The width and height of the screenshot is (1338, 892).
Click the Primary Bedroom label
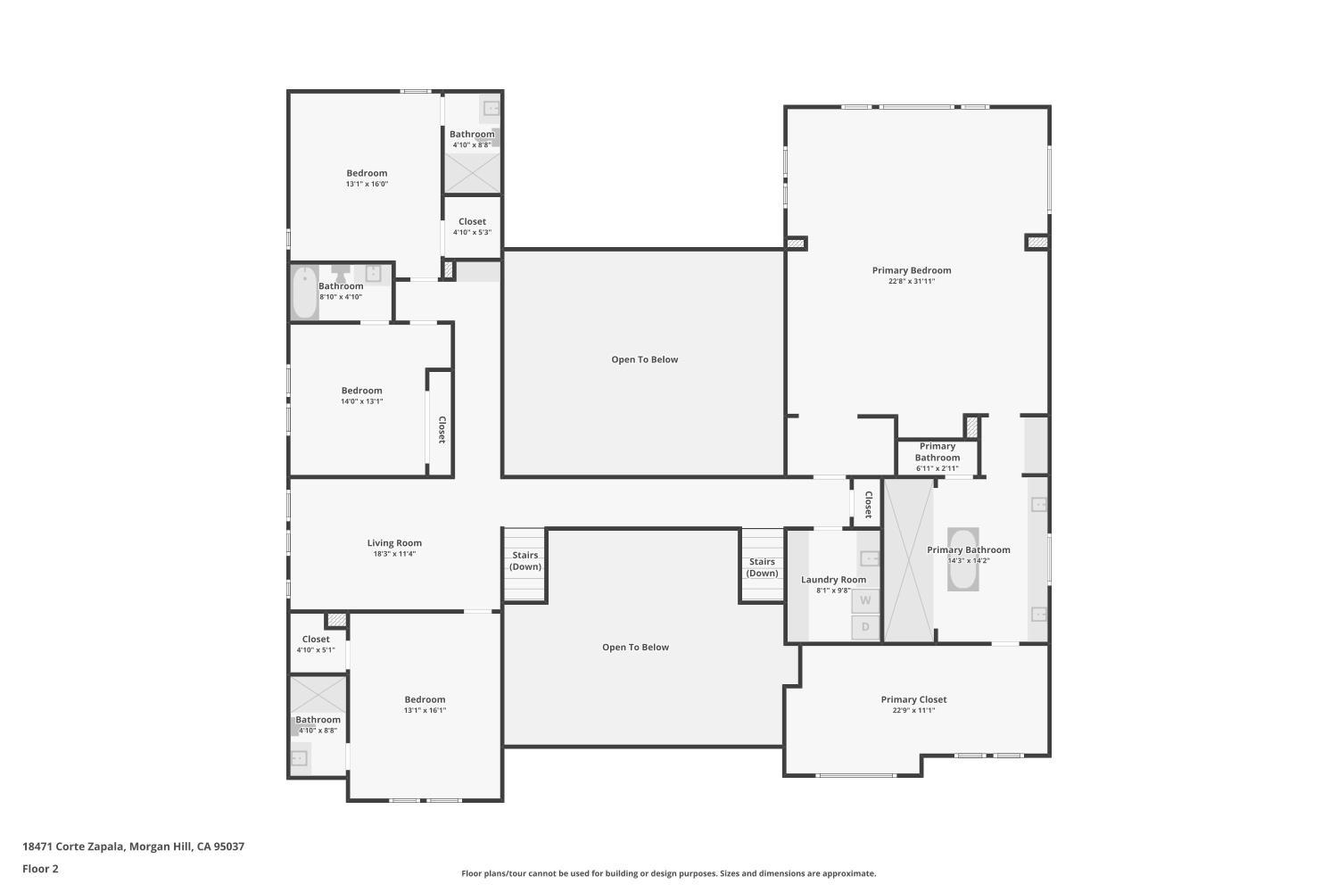911,270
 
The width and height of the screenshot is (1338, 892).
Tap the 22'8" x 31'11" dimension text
911,282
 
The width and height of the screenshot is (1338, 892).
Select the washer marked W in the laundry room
864,601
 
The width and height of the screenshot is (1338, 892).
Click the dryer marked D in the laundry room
864,627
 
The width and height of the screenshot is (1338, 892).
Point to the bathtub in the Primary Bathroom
962,559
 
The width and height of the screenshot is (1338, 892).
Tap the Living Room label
394,542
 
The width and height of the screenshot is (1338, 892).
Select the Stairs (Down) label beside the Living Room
524,561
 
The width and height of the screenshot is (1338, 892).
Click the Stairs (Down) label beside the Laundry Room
762,567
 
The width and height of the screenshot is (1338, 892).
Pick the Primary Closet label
913,699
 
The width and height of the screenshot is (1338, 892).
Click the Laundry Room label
833,580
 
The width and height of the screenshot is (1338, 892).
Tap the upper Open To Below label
644,359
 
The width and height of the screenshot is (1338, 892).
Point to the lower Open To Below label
635,648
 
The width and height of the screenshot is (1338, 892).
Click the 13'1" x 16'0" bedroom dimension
367,185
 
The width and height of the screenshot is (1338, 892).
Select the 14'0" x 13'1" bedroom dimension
361,401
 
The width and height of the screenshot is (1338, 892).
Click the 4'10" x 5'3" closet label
472,233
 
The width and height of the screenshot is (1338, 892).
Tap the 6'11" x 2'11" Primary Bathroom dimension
937,468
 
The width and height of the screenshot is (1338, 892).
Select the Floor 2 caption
40,869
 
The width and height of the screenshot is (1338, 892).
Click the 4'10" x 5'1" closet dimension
316,650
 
